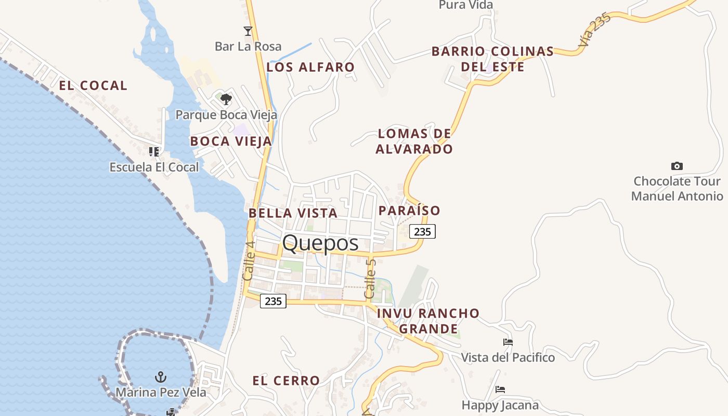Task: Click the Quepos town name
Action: point(320,243)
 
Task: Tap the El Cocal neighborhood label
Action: point(93,86)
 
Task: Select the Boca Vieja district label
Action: point(231,141)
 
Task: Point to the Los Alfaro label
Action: point(310,67)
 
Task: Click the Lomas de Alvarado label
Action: point(414,141)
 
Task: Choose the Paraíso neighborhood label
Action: point(409,211)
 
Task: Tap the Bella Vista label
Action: point(293,213)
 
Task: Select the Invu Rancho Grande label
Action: point(428,321)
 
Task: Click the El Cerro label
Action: point(286,381)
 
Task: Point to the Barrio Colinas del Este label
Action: point(492,59)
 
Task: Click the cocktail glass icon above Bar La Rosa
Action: point(248,31)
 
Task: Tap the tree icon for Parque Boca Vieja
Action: point(226,99)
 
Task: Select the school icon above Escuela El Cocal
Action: point(154,152)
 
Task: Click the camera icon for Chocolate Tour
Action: point(677,166)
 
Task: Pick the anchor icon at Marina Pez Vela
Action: point(161,377)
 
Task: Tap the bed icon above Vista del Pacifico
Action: point(508,342)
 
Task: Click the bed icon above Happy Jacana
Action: point(500,389)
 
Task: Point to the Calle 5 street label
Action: point(370,279)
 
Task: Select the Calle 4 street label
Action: point(249,261)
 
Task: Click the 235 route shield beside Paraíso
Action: point(422,231)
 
